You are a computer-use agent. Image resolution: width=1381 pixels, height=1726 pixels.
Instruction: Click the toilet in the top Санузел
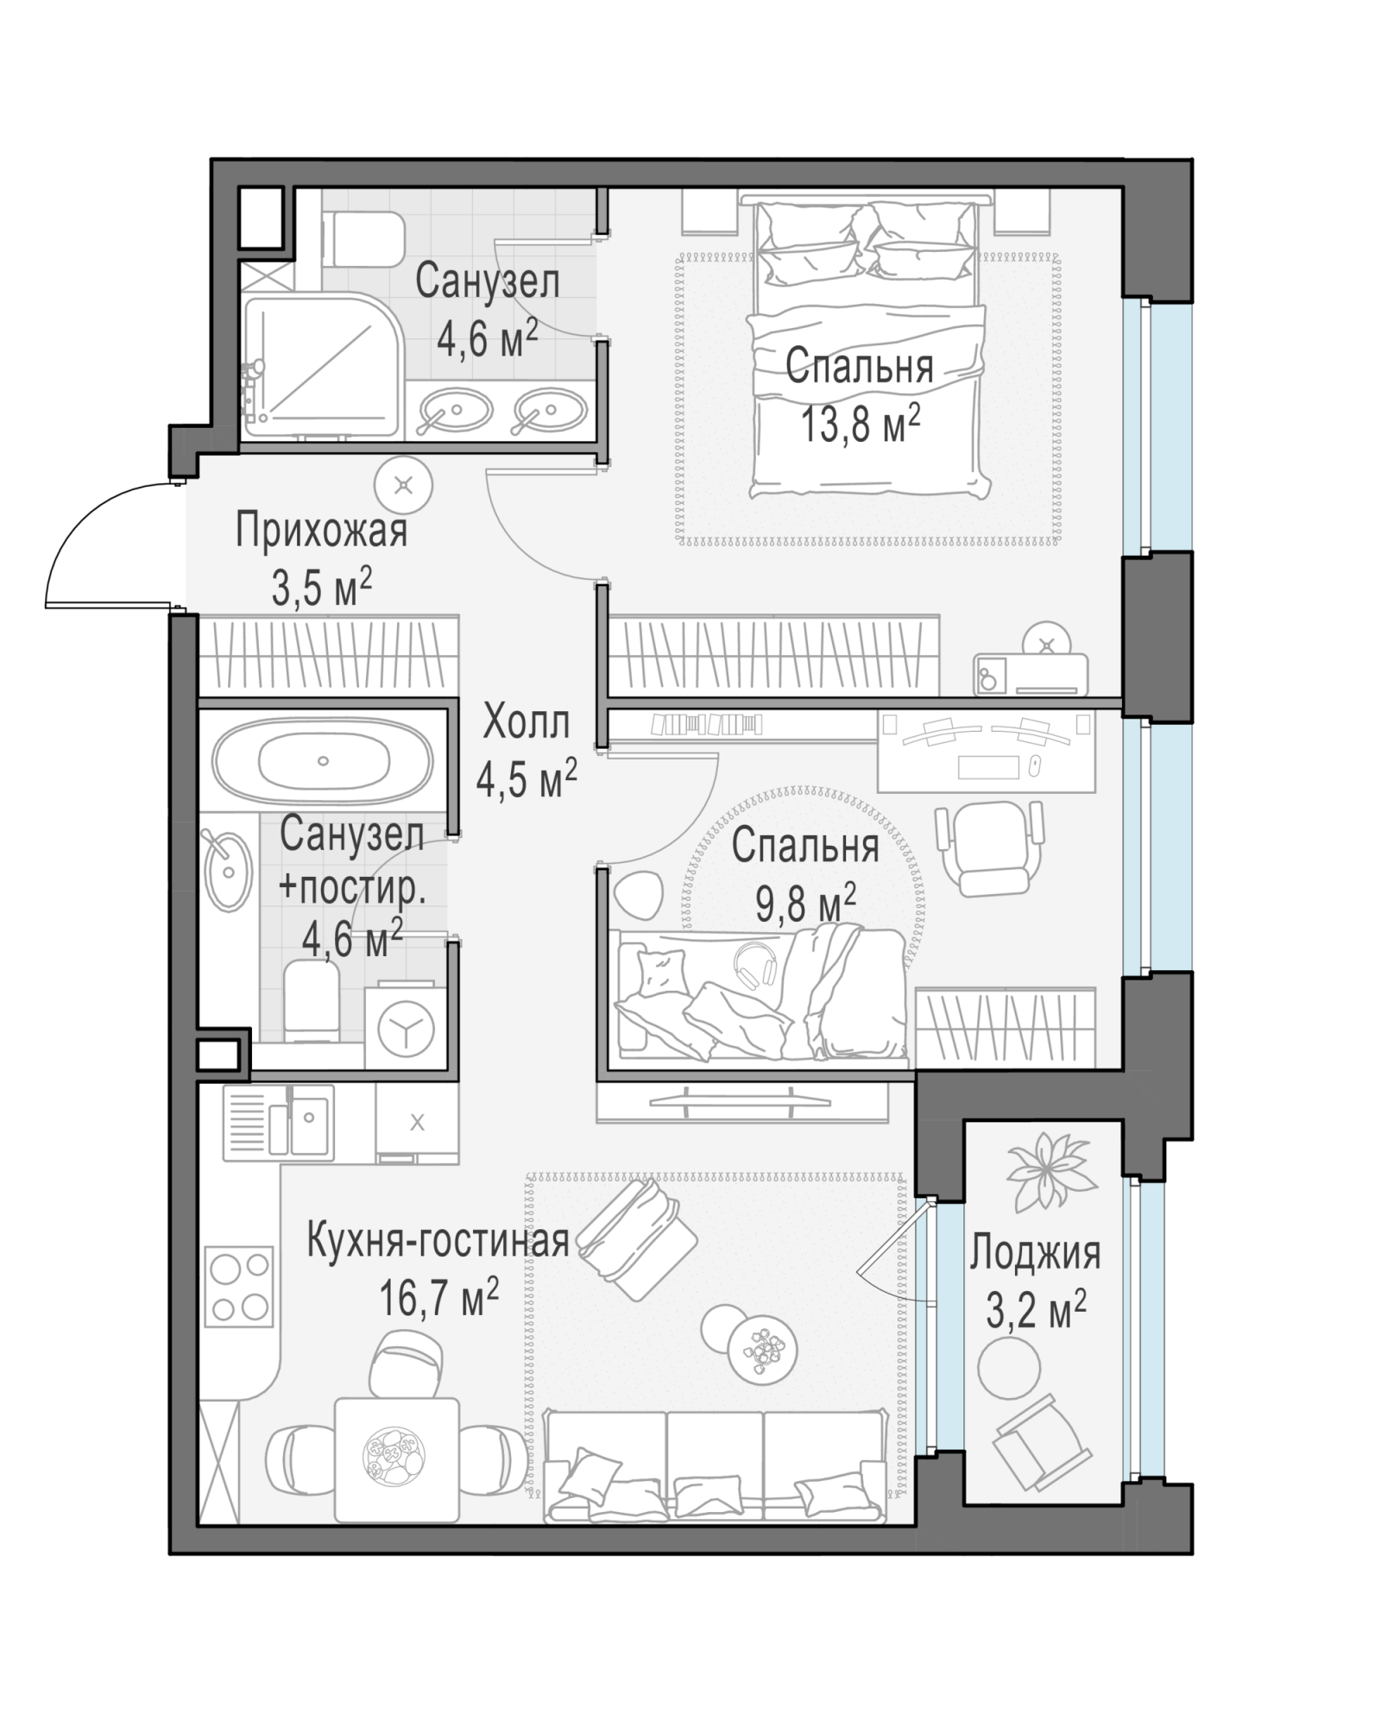click(367, 239)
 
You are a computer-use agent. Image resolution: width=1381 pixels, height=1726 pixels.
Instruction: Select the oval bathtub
click(323, 760)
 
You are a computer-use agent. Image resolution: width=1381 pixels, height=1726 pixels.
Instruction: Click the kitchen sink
click(278, 1122)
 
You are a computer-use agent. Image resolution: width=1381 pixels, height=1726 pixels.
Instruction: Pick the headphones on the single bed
click(754, 963)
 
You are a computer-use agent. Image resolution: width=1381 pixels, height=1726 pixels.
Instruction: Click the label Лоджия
click(1035, 1253)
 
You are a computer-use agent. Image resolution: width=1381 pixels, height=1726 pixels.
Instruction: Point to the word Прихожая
click(321, 531)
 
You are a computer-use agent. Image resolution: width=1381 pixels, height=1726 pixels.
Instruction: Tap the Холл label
click(527, 721)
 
